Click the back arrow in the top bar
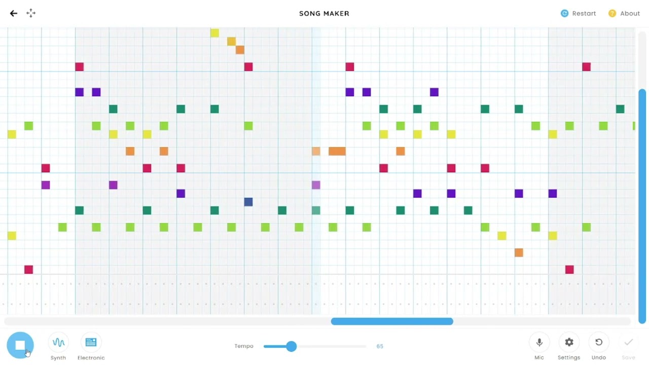click(x=14, y=13)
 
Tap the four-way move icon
click(x=31, y=13)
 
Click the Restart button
click(x=578, y=13)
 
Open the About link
click(x=624, y=13)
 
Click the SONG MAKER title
click(x=324, y=14)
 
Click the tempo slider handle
click(x=291, y=346)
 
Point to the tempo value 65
click(x=380, y=346)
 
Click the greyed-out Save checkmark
click(x=628, y=342)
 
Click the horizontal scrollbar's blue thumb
click(x=392, y=321)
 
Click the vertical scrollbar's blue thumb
click(x=642, y=206)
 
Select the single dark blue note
click(x=248, y=202)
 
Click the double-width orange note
click(x=337, y=151)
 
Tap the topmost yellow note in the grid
click(x=214, y=33)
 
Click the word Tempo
click(x=244, y=346)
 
